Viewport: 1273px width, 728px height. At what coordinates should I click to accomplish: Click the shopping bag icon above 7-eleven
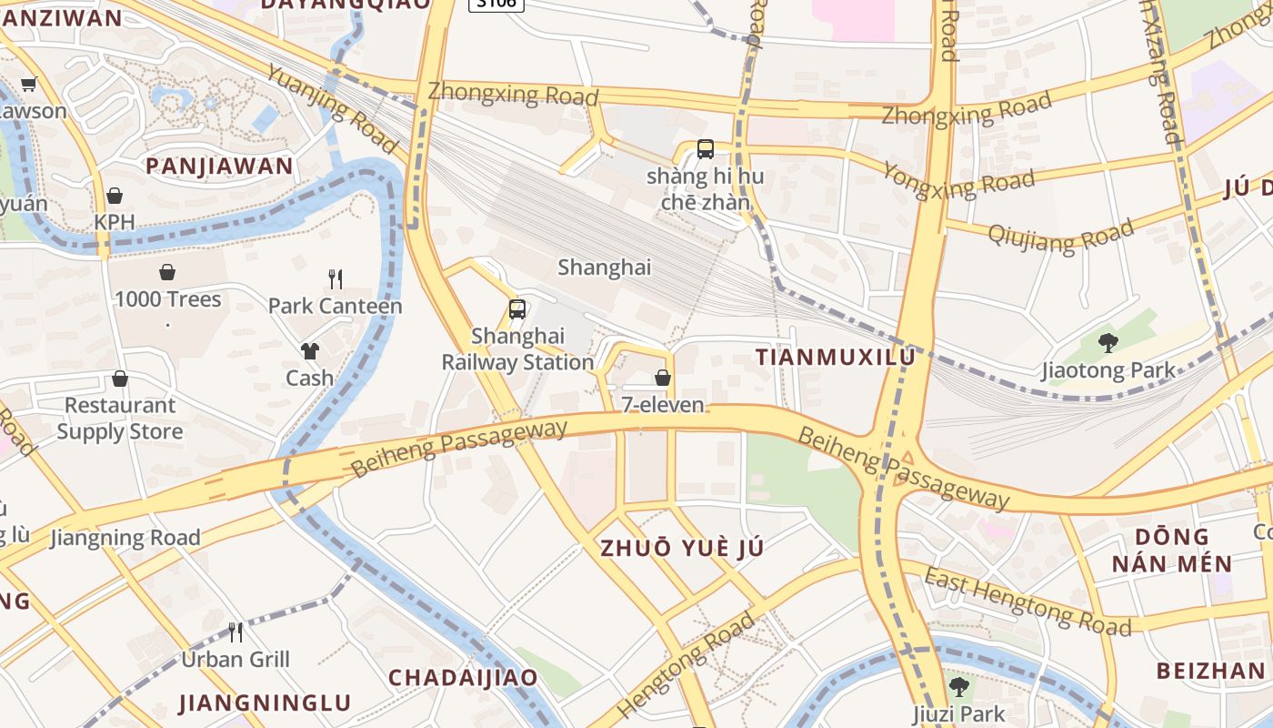663,377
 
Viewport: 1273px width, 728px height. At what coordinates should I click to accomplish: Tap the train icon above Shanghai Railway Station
517,309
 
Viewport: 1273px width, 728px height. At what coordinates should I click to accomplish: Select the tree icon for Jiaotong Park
1108,343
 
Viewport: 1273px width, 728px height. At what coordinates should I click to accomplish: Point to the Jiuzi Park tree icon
958,686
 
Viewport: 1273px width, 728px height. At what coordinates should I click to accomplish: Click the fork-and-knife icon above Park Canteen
336,278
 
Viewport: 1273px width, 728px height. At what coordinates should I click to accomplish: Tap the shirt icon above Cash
309,351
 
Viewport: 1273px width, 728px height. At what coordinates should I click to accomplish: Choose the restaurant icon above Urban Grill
236,632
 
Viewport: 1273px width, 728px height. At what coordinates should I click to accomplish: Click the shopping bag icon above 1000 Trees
167,272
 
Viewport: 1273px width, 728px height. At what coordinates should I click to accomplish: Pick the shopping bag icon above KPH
115,196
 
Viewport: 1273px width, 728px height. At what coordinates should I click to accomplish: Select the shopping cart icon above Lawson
28,85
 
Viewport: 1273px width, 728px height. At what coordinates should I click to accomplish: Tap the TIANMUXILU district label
835,358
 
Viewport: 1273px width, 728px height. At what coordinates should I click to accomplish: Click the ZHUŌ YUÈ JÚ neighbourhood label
682,548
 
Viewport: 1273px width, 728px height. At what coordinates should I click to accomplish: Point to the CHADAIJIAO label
463,677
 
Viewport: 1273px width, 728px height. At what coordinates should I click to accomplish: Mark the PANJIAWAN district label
219,166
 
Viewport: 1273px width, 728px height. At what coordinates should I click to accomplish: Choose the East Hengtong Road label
1027,602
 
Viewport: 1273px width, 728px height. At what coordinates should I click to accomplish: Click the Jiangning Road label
125,538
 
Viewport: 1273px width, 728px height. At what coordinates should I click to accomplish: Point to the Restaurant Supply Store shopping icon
120,379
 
